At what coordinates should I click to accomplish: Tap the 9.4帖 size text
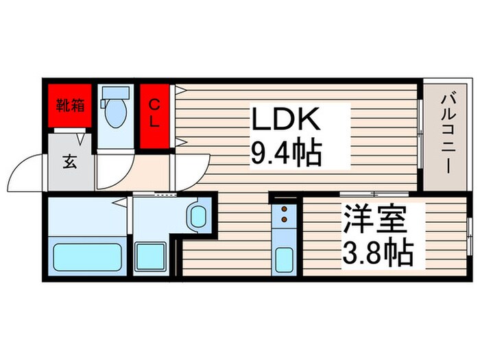point(286,155)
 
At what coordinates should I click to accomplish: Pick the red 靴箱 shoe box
point(70,107)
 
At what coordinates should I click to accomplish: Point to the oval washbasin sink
point(198,216)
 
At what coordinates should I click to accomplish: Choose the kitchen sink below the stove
point(284,260)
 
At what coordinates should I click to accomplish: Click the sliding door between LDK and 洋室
point(357,194)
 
